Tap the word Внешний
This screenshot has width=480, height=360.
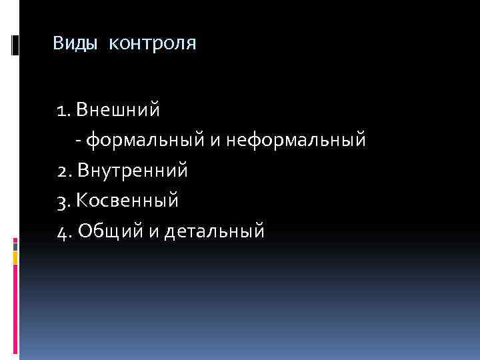(x=119, y=109)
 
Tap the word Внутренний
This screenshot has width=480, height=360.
(x=133, y=171)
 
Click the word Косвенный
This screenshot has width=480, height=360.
(x=128, y=201)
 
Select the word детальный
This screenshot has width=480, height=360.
(x=215, y=231)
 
